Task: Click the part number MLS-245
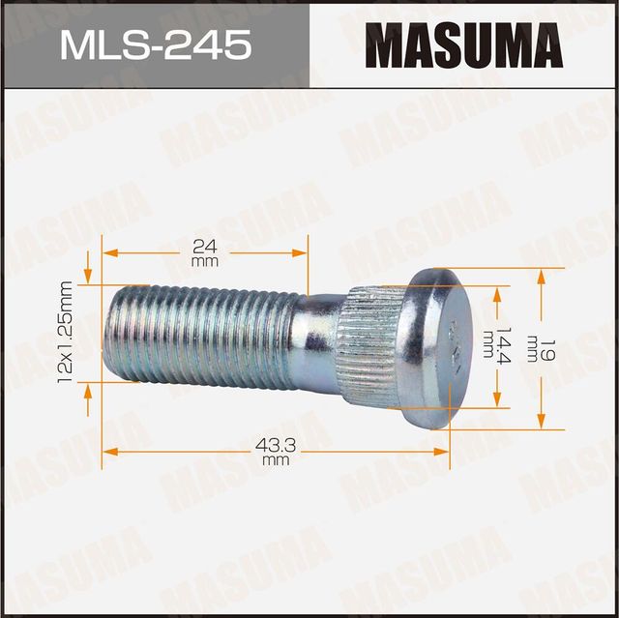point(154,44)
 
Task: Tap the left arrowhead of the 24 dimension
point(109,252)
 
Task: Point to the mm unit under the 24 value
point(204,262)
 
